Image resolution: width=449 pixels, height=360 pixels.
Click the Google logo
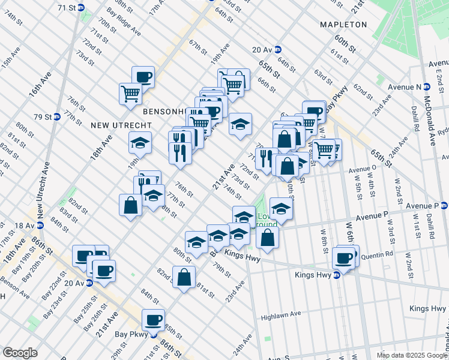point(20,353)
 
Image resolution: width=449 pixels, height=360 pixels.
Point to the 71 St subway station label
point(66,7)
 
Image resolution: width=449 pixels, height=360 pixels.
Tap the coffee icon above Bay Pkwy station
point(153,319)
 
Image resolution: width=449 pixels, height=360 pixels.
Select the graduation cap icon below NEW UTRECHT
point(140,143)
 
